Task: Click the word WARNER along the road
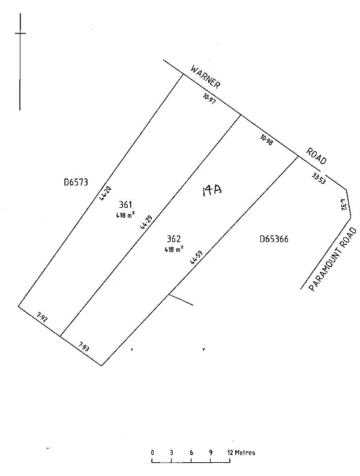pyautogui.click(x=205, y=77)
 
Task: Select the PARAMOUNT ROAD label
pyautogui.click(x=334, y=259)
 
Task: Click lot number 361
pyautogui.click(x=125, y=205)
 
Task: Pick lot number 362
pyautogui.click(x=174, y=238)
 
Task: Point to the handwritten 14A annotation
pyautogui.click(x=212, y=191)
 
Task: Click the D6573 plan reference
pyautogui.click(x=76, y=182)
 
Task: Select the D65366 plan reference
pyautogui.click(x=274, y=239)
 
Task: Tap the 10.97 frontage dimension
pyautogui.click(x=209, y=99)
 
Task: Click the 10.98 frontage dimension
pyautogui.click(x=267, y=140)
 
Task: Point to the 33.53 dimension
pyautogui.click(x=319, y=178)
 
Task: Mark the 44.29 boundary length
pyautogui.click(x=145, y=223)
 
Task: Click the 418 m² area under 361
pyautogui.click(x=125, y=214)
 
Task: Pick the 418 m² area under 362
pyautogui.click(x=174, y=248)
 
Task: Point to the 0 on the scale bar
pyautogui.click(x=152, y=453)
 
